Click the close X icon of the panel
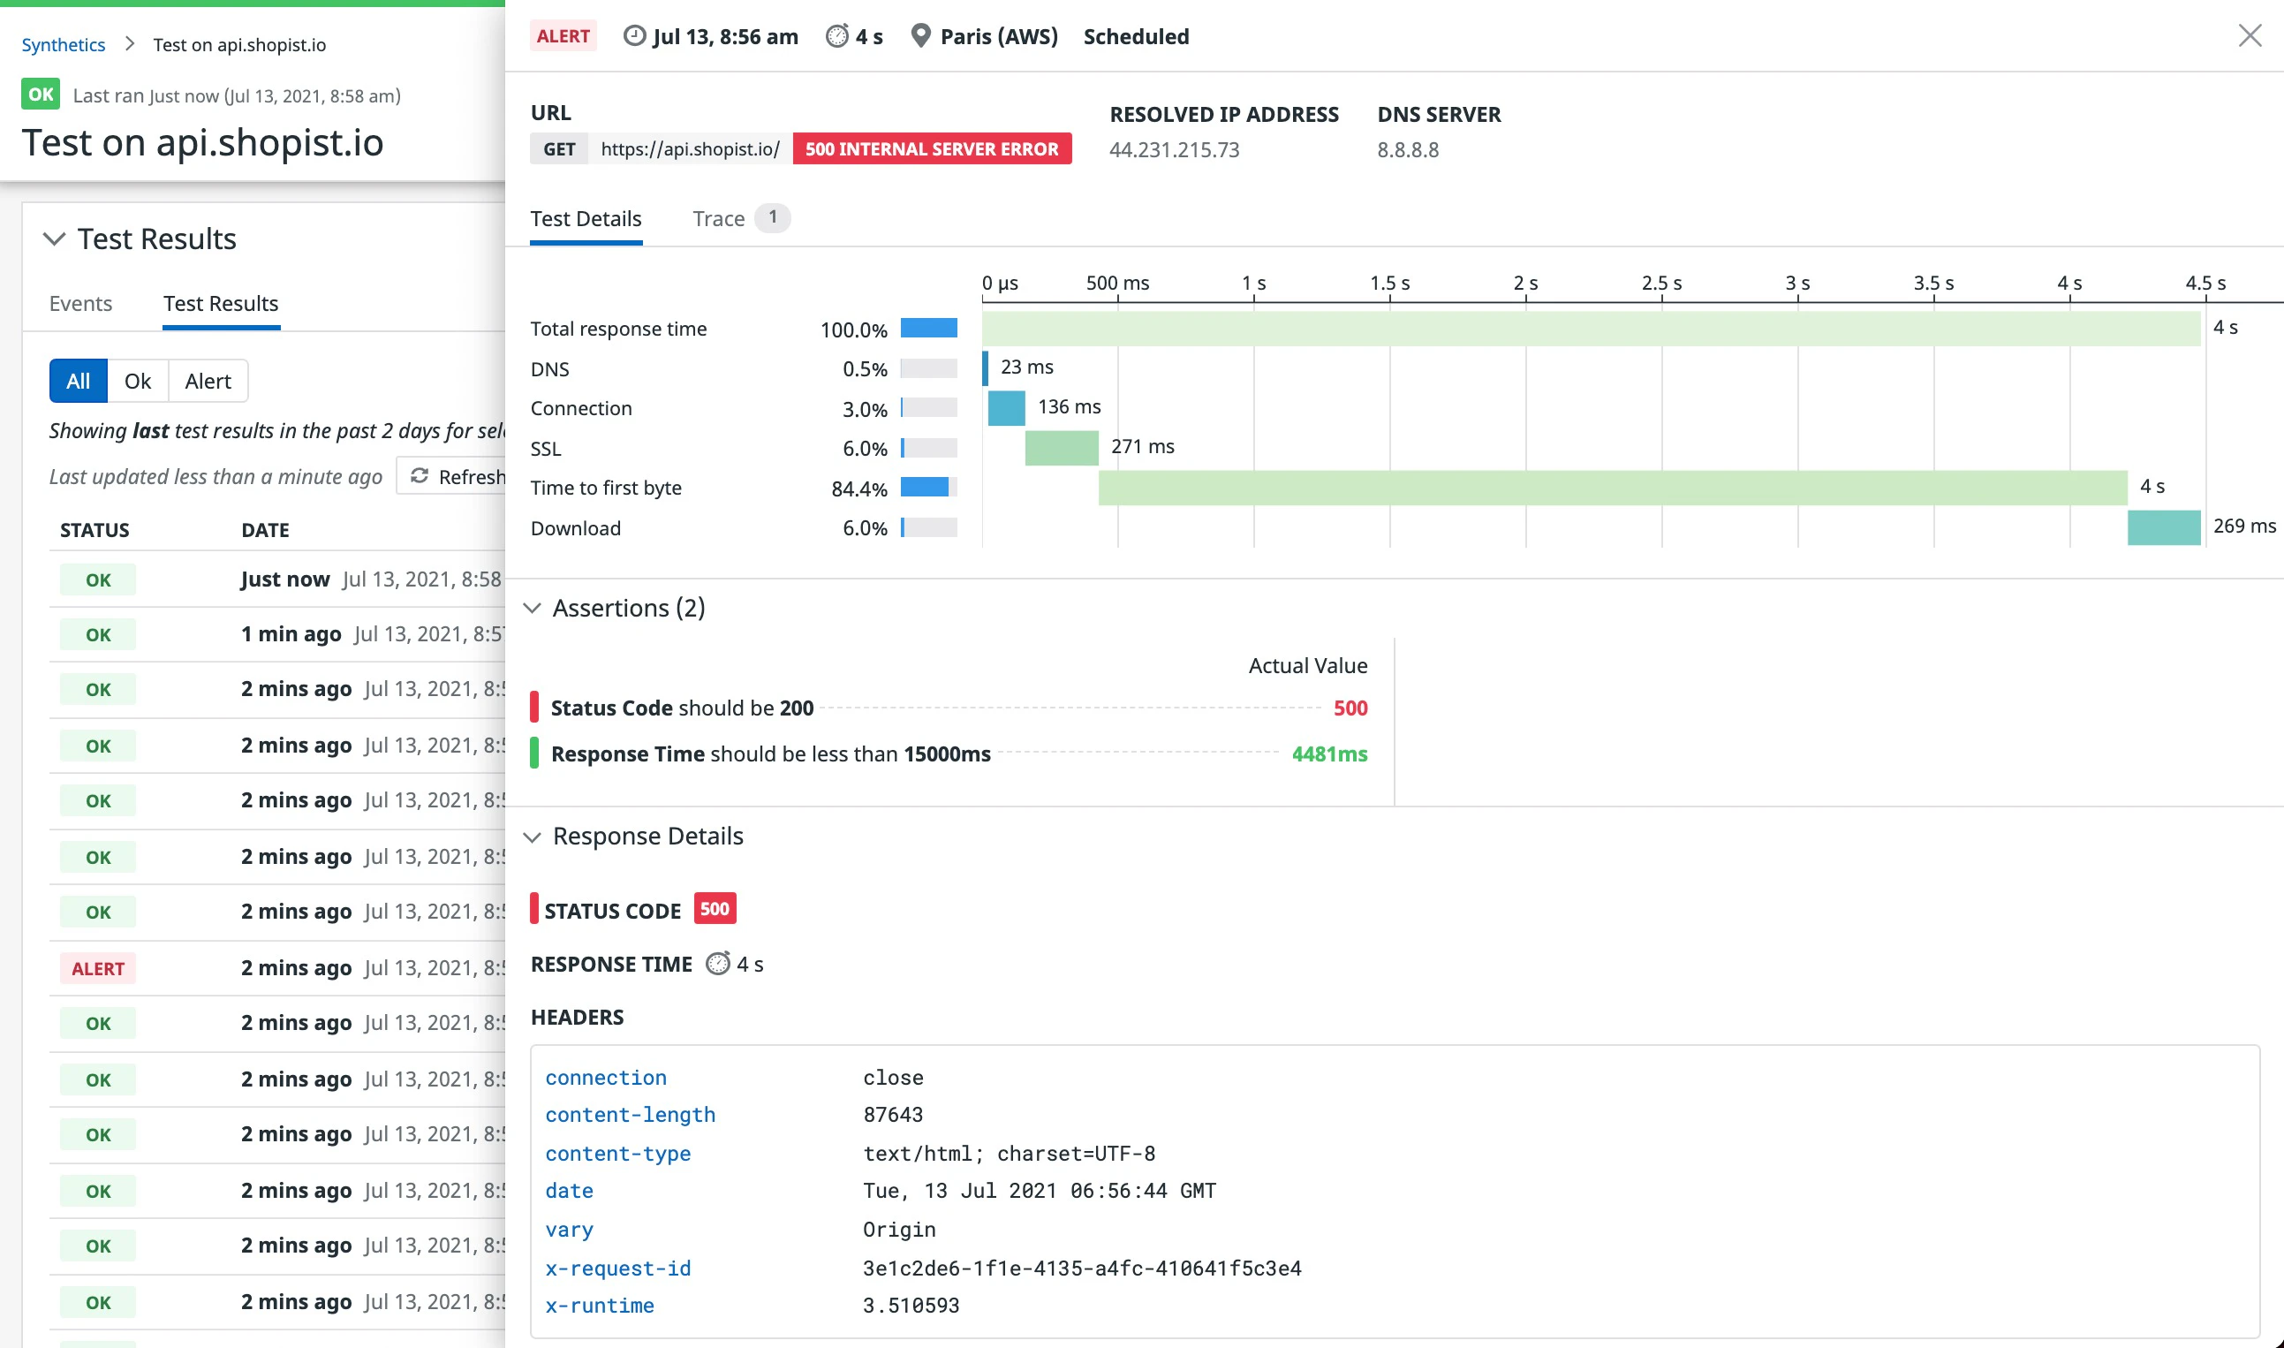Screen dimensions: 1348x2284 pyautogui.click(x=2249, y=36)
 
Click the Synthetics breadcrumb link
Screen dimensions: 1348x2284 pyautogui.click(x=64, y=44)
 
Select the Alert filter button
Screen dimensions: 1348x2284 pyautogui.click(x=207, y=382)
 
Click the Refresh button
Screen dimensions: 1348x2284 pyautogui.click(x=458, y=477)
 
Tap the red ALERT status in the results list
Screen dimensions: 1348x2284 pyautogui.click(x=98, y=968)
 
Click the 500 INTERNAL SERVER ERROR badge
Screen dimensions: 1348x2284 pyautogui.click(x=932, y=149)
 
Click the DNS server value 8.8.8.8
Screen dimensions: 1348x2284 pyautogui.click(x=1408, y=150)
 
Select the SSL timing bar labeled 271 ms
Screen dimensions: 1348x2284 pyautogui.click(x=1062, y=448)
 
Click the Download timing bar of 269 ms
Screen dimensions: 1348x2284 pyautogui.click(x=2163, y=527)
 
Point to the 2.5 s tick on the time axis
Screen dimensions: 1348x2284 pyautogui.click(x=1661, y=284)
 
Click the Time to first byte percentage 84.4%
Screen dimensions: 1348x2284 pyautogui.click(x=858, y=488)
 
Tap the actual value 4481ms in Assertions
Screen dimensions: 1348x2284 pyautogui.click(x=1328, y=754)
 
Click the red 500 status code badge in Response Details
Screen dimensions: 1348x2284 pyautogui.click(x=715, y=909)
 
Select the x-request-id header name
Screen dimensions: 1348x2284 pyautogui.click(x=617, y=1268)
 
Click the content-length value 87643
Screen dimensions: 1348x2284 pyautogui.click(x=893, y=1115)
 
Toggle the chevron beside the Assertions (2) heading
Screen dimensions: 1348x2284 pyautogui.click(x=533, y=609)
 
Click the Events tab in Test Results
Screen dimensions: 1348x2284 pyautogui.click(x=81, y=303)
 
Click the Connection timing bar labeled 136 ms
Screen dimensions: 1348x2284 pyautogui.click(x=1006, y=408)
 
